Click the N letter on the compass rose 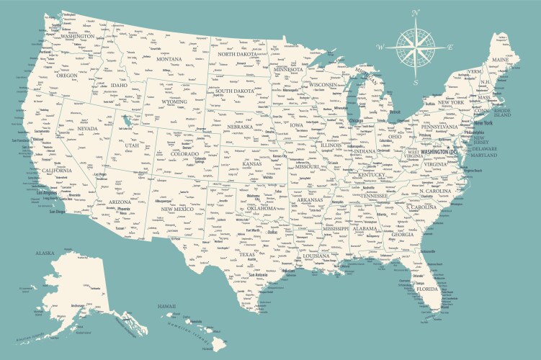point(415,13)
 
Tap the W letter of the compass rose point(380,46)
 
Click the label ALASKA point(45,253)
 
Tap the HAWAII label point(168,305)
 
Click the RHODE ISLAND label point(501,113)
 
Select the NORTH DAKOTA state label point(237,55)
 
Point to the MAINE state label point(499,60)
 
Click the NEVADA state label point(86,129)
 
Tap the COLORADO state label point(184,153)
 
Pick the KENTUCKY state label point(372,175)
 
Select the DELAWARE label point(484,147)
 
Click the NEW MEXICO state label point(176,209)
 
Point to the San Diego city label point(56,212)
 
